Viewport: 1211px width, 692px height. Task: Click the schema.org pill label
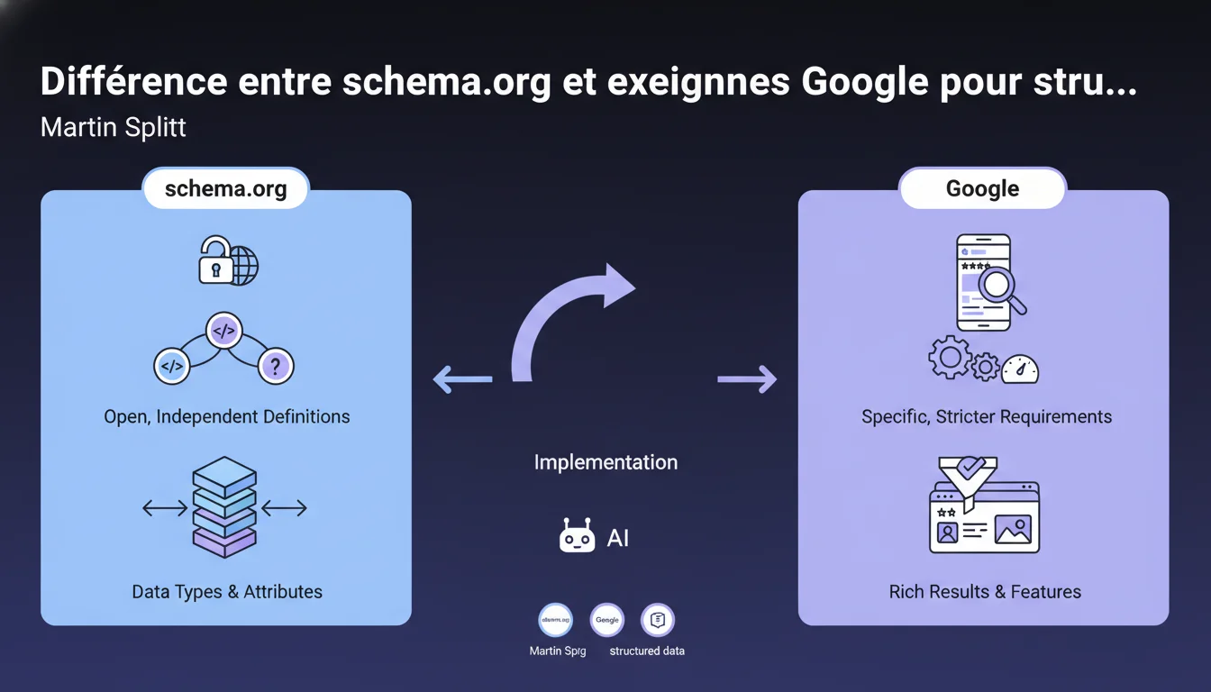(225, 189)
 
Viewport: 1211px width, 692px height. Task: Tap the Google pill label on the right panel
(982, 189)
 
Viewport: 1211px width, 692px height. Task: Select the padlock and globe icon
(228, 261)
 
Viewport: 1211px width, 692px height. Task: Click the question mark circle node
(276, 366)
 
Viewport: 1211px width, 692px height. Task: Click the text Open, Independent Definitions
(227, 417)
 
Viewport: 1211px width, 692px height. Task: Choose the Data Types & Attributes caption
(227, 592)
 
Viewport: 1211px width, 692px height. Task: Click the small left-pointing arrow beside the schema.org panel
(462, 379)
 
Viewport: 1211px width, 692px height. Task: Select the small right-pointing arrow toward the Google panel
(747, 379)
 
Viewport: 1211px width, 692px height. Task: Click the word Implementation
(605, 463)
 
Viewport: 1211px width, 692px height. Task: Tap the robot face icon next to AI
(577, 536)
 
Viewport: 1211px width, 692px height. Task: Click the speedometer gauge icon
(1020, 368)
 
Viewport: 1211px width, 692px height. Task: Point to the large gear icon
(950, 358)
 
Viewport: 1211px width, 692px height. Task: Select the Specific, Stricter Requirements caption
(987, 417)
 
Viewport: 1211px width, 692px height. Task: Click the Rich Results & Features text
(985, 592)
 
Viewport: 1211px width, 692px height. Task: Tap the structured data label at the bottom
(647, 651)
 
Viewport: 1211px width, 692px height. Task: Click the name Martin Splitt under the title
(114, 127)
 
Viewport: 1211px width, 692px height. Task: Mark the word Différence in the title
(133, 82)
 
